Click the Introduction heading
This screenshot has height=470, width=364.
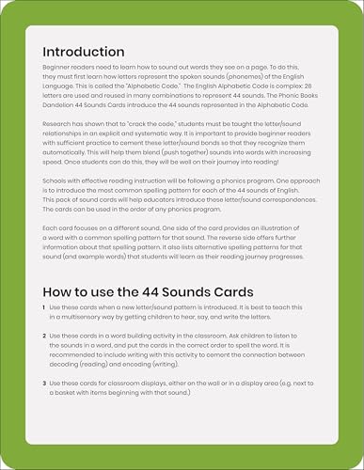82,51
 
